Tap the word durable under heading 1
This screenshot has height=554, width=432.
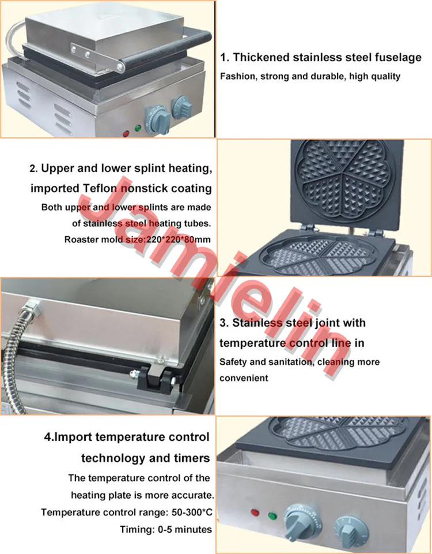(319, 76)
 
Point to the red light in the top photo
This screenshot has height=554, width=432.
(126, 134)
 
